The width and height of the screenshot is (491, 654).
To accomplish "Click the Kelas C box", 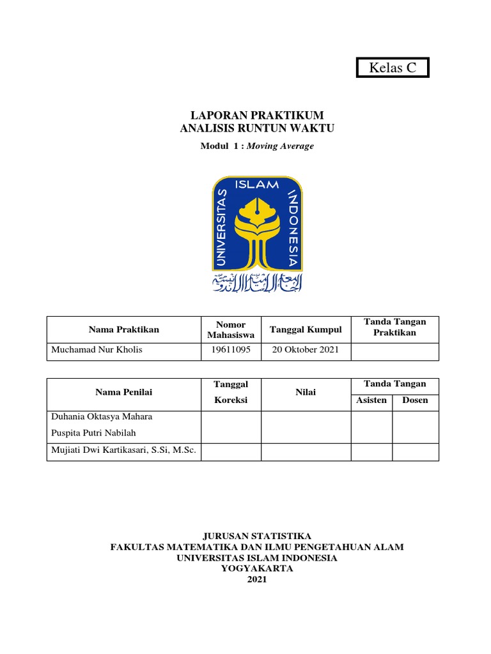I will [x=393, y=67].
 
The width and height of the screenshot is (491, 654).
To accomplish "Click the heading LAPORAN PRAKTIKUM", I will [x=257, y=115].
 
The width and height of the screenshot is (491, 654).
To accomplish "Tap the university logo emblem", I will [x=257, y=223].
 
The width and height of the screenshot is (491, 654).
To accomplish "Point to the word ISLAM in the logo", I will [x=257, y=185].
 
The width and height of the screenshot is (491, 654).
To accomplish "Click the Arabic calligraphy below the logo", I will [x=257, y=282].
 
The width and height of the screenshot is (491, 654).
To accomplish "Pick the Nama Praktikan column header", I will [x=124, y=330].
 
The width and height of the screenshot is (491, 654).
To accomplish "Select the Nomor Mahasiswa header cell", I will [x=231, y=330].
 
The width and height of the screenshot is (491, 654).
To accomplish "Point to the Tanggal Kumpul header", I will [x=306, y=330].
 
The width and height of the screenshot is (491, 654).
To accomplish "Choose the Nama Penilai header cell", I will [x=124, y=392].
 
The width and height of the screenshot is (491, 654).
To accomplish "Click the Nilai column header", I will [x=306, y=392].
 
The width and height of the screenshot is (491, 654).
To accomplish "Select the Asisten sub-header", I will [x=371, y=400].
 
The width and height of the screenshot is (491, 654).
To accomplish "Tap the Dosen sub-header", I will [x=415, y=400].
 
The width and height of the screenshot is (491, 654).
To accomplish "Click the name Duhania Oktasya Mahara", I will [x=102, y=417].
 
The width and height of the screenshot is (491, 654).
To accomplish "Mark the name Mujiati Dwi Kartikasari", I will [x=123, y=452].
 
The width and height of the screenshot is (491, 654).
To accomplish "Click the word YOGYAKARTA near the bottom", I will [x=257, y=568].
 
